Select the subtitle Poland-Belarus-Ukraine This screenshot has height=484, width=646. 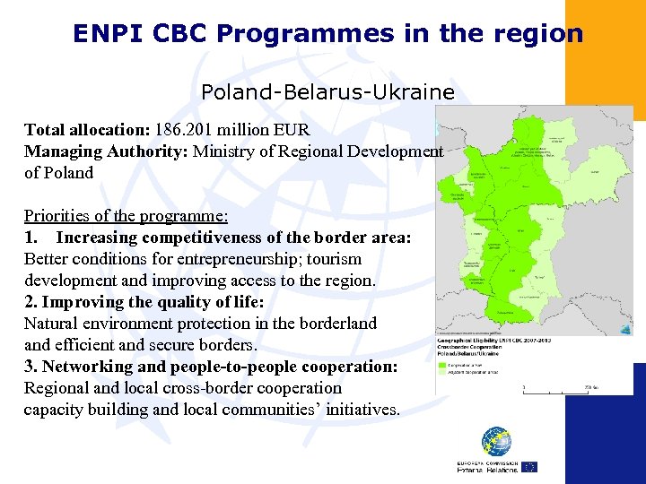pyautogui.click(x=327, y=92)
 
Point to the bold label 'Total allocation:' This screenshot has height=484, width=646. pyautogui.click(x=87, y=129)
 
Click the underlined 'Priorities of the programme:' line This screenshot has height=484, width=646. pyautogui.click(x=126, y=216)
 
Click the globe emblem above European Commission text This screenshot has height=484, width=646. pyautogui.click(x=495, y=441)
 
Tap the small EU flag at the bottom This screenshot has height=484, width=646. pyautogui.click(x=529, y=467)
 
